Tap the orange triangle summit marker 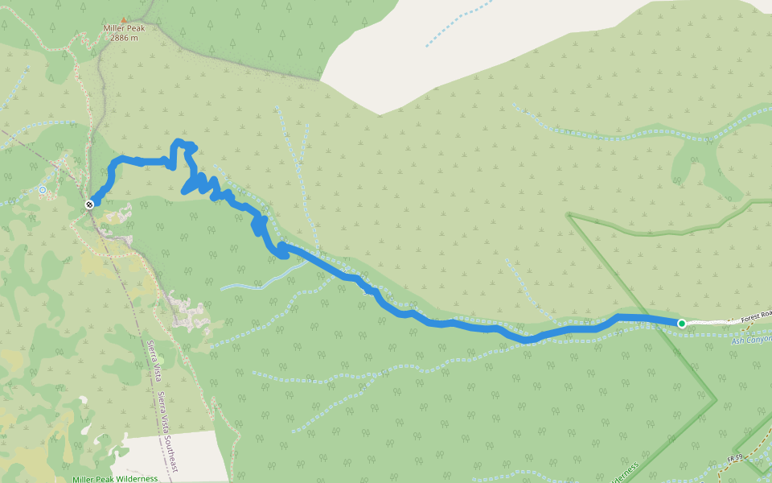tap(123, 19)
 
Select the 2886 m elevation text tap(123, 37)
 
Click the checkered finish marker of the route tap(89, 204)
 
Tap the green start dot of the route tap(682, 324)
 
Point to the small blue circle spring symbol tap(43, 190)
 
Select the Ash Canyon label tap(751, 340)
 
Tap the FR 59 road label tap(734, 457)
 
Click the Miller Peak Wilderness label tap(115, 479)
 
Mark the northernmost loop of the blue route tap(184, 144)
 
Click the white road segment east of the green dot tap(708, 323)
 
